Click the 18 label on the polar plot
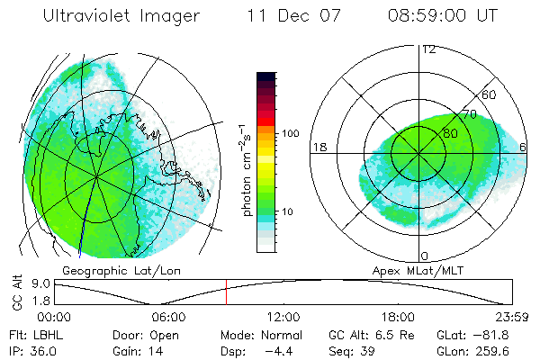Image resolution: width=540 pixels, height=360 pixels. click(319, 147)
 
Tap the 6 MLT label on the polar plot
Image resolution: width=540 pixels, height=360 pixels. click(524, 147)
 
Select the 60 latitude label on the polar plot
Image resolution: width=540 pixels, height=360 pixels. click(490, 94)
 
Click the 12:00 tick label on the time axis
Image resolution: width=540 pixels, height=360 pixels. click(283, 317)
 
